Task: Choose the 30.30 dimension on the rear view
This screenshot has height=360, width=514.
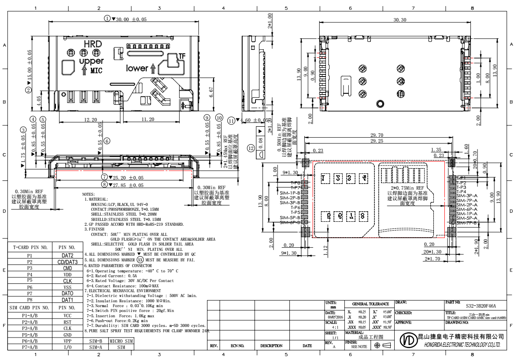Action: point(387,21)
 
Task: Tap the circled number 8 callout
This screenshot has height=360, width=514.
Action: point(105,185)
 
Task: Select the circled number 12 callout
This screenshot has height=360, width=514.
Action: point(251,148)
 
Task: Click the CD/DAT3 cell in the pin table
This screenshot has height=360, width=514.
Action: point(67,262)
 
